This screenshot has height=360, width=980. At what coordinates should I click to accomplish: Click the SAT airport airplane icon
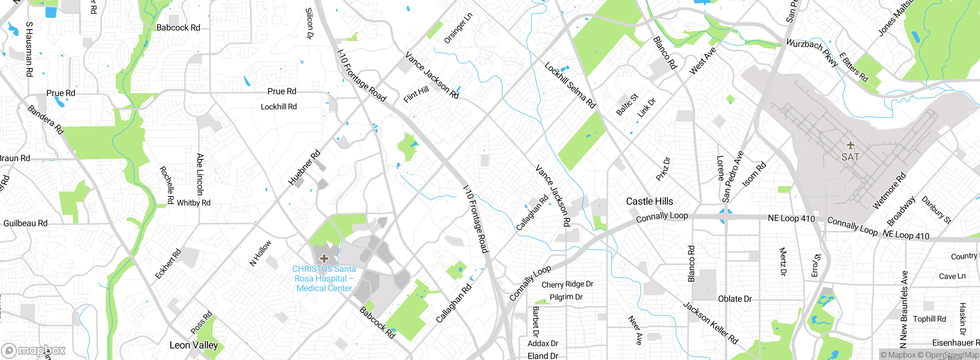coord(850,145)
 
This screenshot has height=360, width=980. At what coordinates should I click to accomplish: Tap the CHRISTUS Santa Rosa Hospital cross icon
coord(324,258)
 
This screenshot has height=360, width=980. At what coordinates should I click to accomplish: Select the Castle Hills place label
coord(649,201)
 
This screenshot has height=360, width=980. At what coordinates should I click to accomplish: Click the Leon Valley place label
coord(194,345)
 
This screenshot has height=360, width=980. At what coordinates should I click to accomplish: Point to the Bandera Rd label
coord(46,120)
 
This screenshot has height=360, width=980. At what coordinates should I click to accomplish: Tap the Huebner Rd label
coord(304,168)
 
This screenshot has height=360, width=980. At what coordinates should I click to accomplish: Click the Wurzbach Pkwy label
coord(812,53)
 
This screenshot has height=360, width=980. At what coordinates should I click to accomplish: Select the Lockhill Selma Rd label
coord(570,85)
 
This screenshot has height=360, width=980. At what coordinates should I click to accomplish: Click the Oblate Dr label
coord(735,299)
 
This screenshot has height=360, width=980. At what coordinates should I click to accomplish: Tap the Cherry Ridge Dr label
coord(567,284)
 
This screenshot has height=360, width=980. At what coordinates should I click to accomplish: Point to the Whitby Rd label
coord(193,203)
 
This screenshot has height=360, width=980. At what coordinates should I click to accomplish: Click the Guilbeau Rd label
coord(25,223)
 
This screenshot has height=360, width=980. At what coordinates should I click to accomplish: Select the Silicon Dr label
coord(309,24)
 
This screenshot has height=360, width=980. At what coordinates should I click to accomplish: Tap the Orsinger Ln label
coord(458,28)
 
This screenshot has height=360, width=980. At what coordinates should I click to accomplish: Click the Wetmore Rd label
coord(889,191)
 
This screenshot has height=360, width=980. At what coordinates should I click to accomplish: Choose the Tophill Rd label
coord(929,319)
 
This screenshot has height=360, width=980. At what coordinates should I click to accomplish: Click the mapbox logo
coord(34,350)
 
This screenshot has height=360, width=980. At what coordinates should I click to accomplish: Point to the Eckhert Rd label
coord(168,264)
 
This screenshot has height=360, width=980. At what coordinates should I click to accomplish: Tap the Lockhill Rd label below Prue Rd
coord(279,107)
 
